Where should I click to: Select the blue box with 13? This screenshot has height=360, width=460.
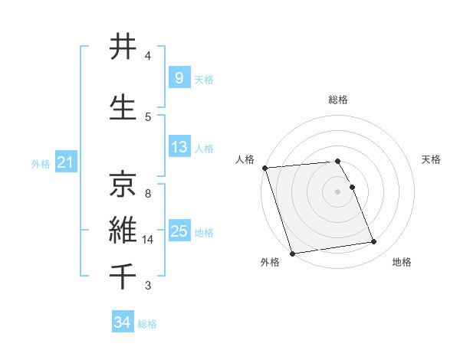pos(179,147)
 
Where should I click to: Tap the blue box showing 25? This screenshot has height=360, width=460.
pos(179,231)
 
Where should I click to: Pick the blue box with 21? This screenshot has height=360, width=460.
pos(65,162)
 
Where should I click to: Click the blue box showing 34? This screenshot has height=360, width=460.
pos(122,322)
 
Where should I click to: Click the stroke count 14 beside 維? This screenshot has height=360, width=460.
pos(148,240)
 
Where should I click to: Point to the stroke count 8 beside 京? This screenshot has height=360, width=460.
pos(148,194)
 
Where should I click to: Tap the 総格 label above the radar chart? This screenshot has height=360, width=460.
pos(338,100)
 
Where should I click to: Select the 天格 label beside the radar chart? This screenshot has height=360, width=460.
pos(432,159)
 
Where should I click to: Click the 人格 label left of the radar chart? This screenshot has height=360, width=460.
pos(245,159)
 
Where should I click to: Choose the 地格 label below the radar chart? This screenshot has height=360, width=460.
pos(402,262)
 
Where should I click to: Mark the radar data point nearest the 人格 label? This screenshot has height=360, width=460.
pos(264,168)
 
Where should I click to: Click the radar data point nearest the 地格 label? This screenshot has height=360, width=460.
pos(374,242)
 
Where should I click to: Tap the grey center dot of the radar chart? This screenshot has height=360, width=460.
pos(338,191)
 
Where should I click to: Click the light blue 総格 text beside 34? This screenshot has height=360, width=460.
pos(147,324)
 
